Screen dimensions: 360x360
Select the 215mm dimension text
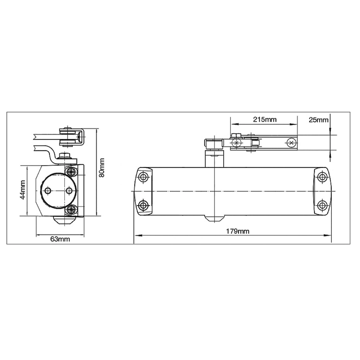264,120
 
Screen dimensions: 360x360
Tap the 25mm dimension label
319,120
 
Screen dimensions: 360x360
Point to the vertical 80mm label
102,167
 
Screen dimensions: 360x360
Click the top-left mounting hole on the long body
144,176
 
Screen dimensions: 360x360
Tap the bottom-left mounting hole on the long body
144,206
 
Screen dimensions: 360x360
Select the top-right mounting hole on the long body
321,176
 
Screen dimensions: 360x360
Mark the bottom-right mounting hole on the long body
321,206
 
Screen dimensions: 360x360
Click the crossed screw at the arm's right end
291,143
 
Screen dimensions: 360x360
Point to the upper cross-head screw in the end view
72,172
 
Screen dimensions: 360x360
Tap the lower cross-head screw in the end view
72,210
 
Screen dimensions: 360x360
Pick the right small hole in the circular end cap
68,191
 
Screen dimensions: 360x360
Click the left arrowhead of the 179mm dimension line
137,235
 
